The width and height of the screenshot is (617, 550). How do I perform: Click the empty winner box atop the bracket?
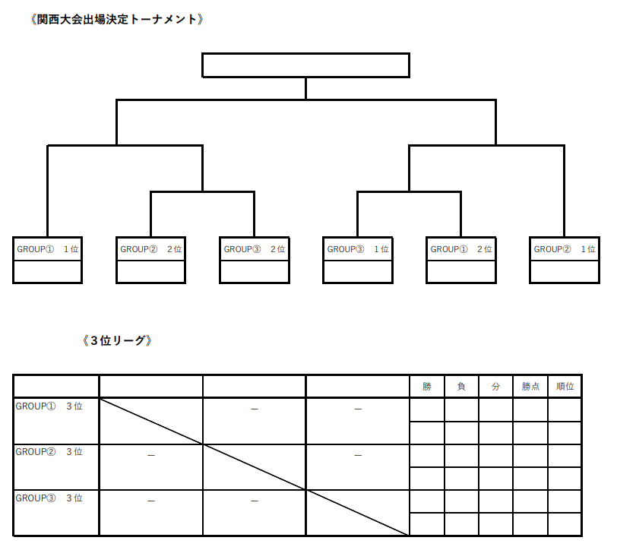coord(305,65)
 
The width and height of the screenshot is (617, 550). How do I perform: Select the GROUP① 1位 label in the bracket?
coord(48,249)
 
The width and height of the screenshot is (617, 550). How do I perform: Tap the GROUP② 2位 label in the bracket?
coord(151,249)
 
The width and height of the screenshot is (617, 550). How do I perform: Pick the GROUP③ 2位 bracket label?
coord(255,249)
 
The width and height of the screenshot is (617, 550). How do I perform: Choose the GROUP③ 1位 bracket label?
coord(358,249)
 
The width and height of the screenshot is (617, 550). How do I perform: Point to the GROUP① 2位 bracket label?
coord(461,249)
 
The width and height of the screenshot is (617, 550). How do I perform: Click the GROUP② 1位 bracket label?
coord(565,249)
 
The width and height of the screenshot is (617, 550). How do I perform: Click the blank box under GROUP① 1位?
coord(48,272)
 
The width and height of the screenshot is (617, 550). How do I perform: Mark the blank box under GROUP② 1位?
coord(565,272)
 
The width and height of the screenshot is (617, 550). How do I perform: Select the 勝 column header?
coord(427,387)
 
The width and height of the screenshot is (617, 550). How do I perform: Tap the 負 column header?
coord(461,387)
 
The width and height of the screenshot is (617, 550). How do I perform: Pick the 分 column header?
coord(495,387)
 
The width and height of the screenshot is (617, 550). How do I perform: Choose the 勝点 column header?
coord(530,387)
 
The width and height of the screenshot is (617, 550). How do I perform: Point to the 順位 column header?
coord(565,387)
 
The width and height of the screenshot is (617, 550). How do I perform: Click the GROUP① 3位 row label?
coord(49,406)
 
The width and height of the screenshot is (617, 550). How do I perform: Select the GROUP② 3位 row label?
coord(49,452)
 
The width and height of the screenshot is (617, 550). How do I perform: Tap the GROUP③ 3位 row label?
coord(49,498)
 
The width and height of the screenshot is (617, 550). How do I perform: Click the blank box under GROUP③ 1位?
coord(358,272)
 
